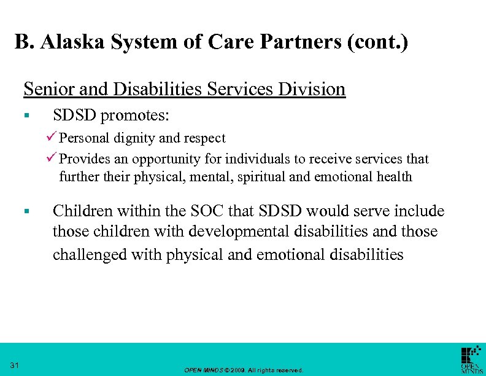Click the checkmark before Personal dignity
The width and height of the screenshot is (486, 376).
pos(52,138)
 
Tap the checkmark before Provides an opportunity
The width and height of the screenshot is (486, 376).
pos(52,159)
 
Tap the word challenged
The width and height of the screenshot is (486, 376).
pos(87,254)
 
